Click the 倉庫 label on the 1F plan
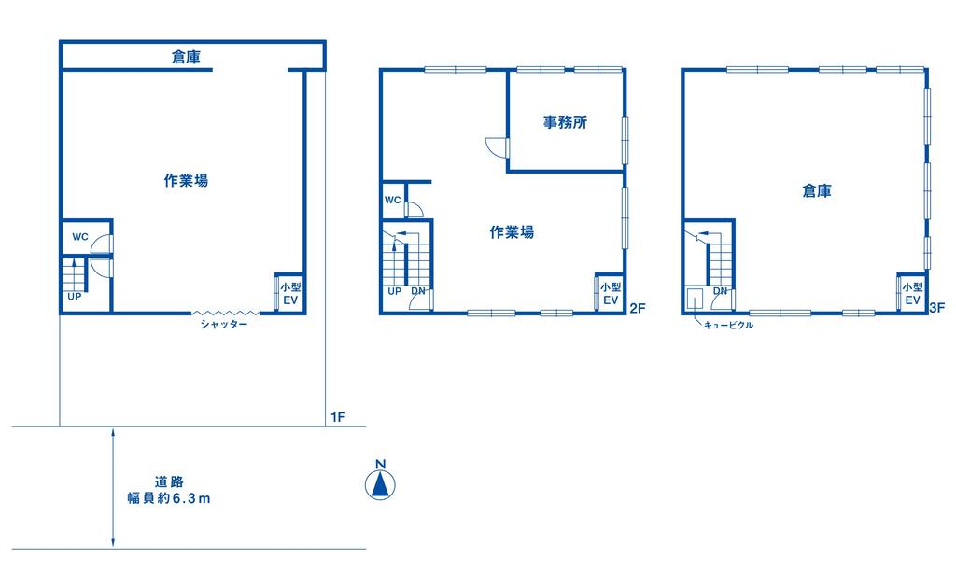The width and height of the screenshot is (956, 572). click(186, 57)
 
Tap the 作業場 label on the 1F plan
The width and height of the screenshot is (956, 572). click(186, 180)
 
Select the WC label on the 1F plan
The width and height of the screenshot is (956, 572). click(80, 237)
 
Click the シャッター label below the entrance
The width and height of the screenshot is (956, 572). click(224, 325)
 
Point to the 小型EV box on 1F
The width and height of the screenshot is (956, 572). click(289, 293)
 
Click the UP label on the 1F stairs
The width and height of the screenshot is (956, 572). click(75, 297)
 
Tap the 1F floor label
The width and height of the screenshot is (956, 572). click(338, 417)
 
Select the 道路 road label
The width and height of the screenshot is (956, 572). click(169, 481)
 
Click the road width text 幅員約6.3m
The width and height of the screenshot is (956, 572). click(169, 498)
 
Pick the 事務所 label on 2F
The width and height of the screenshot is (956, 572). click(565, 122)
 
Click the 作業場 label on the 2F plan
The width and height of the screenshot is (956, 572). click(512, 232)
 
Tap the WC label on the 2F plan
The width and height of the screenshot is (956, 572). click(393, 200)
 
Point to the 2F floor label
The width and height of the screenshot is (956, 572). click(637, 308)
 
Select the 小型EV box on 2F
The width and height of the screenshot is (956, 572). click(610, 293)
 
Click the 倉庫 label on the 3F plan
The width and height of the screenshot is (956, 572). click(816, 191)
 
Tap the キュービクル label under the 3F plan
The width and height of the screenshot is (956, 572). click(728, 326)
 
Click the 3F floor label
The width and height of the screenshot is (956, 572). click(937, 308)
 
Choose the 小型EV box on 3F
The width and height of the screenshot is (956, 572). click(912, 293)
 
